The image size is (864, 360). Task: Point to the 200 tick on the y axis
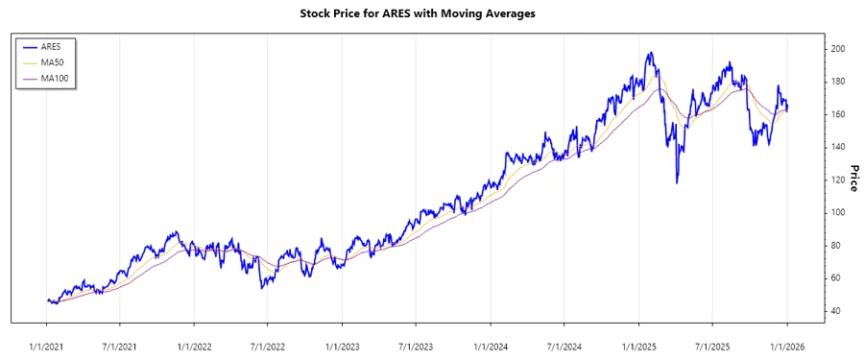(838, 48)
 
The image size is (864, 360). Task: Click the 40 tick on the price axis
(835, 311)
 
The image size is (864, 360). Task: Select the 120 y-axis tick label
(838, 180)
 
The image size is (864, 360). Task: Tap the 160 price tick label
(838, 114)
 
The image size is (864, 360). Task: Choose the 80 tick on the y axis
(835, 246)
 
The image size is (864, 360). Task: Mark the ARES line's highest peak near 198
(651, 53)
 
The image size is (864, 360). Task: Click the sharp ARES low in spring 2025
(677, 182)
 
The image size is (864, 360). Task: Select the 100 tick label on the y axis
(838, 212)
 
